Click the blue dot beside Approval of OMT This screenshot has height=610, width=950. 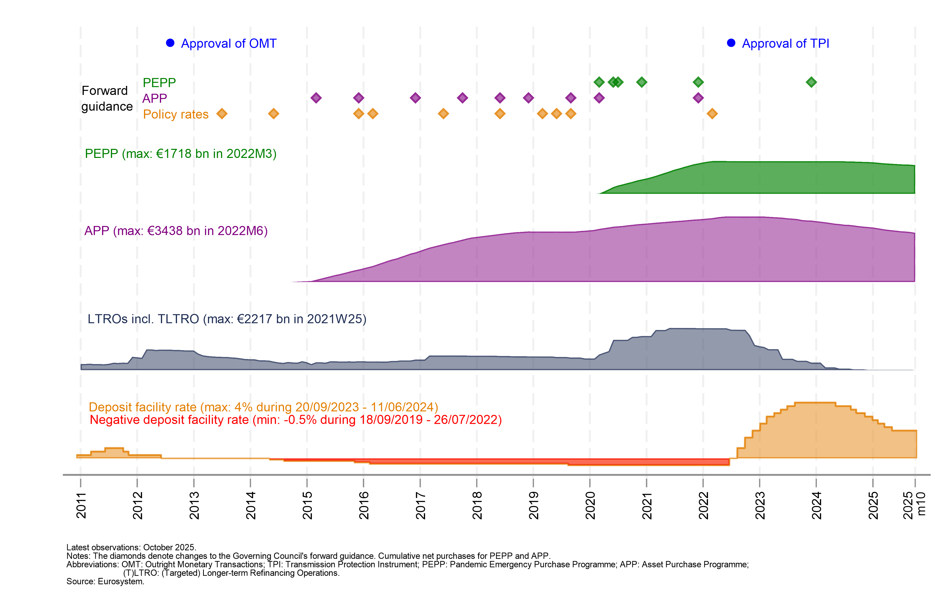coord(170,43)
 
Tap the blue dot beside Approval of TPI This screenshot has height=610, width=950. coord(731,43)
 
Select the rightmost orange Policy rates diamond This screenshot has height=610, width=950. coord(712,114)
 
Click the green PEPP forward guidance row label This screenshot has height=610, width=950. coord(159,82)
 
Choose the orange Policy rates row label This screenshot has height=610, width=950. coord(176,114)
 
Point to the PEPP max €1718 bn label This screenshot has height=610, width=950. coord(180,153)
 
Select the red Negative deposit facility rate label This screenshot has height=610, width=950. coord(295,420)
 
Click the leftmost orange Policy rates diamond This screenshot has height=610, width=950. coord(222,114)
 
